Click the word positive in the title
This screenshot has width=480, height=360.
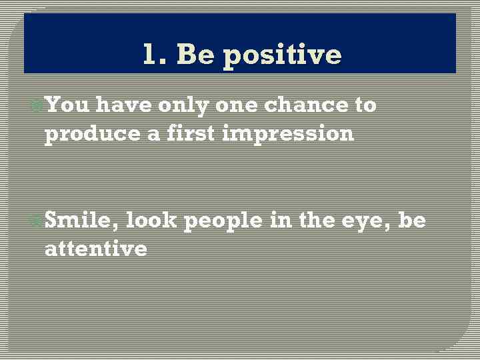coord(282,55)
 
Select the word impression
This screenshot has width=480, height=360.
coord(287,135)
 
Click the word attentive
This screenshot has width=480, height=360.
coord(95,249)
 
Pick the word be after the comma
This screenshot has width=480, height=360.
coord(411,221)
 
